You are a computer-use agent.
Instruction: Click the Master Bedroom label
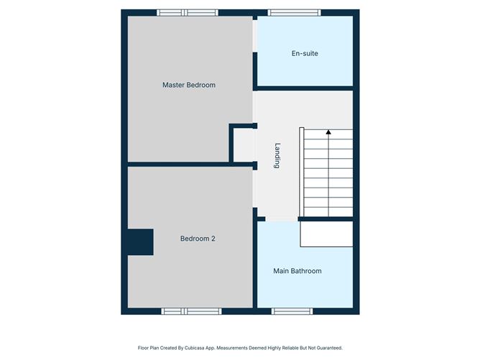[x=189, y=85]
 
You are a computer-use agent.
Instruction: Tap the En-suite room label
[x=305, y=53]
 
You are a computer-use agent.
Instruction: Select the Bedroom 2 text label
[x=198, y=239]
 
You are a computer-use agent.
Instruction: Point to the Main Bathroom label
[x=297, y=271]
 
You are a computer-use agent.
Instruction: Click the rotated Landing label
[x=277, y=155]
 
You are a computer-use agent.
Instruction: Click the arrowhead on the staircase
[x=328, y=132]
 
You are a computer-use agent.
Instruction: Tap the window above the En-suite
[x=295, y=12]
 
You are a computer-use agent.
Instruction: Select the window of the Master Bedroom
[x=188, y=12]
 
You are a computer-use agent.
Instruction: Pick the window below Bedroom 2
[x=191, y=311]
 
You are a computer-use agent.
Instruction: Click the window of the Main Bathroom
[x=292, y=311]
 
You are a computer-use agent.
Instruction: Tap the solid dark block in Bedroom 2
[x=141, y=242]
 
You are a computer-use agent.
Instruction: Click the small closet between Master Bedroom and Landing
[x=243, y=145]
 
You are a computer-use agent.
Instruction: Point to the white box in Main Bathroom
[x=326, y=234]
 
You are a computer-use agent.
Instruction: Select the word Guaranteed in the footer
[x=329, y=348]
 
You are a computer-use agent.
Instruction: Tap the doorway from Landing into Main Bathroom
[x=282, y=219]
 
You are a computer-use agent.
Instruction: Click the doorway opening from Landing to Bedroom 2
[x=254, y=189]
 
